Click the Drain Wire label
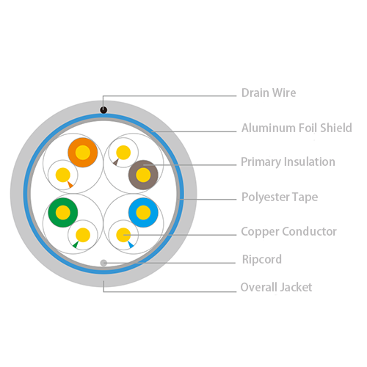tap(269, 92)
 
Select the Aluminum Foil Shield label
tap(297, 128)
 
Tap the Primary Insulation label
tap(288, 162)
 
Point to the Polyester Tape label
tap(280, 197)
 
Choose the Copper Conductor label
tap(288, 231)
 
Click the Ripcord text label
tap(262, 259)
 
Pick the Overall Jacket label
tap(276, 287)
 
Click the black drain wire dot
tap(103, 110)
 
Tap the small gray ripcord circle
tap(103, 263)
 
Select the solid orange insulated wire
tap(83, 153)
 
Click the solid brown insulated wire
tap(143, 175)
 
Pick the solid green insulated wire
tap(63, 213)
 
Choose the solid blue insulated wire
tap(143, 213)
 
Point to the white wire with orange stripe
tap(63, 175)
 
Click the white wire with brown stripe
tap(123, 153)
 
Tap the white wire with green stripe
tap(83, 235)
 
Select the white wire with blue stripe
tap(123, 235)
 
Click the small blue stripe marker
tap(131, 244)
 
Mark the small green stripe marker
tap(76, 244)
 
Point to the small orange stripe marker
tap(70, 184)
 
